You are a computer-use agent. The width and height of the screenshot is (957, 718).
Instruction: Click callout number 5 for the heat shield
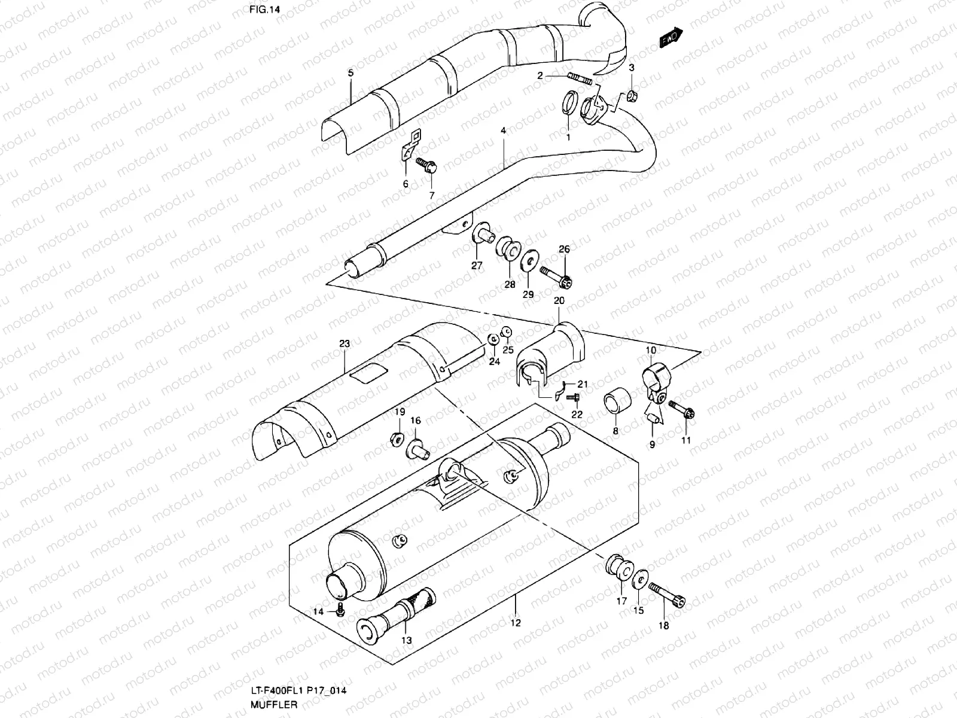tap(351, 73)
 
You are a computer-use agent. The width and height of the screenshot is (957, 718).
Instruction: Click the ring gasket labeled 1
tap(570, 101)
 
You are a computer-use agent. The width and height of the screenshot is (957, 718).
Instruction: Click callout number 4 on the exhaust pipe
tap(503, 130)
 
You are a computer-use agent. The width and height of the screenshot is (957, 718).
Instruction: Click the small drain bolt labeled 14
tap(340, 611)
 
